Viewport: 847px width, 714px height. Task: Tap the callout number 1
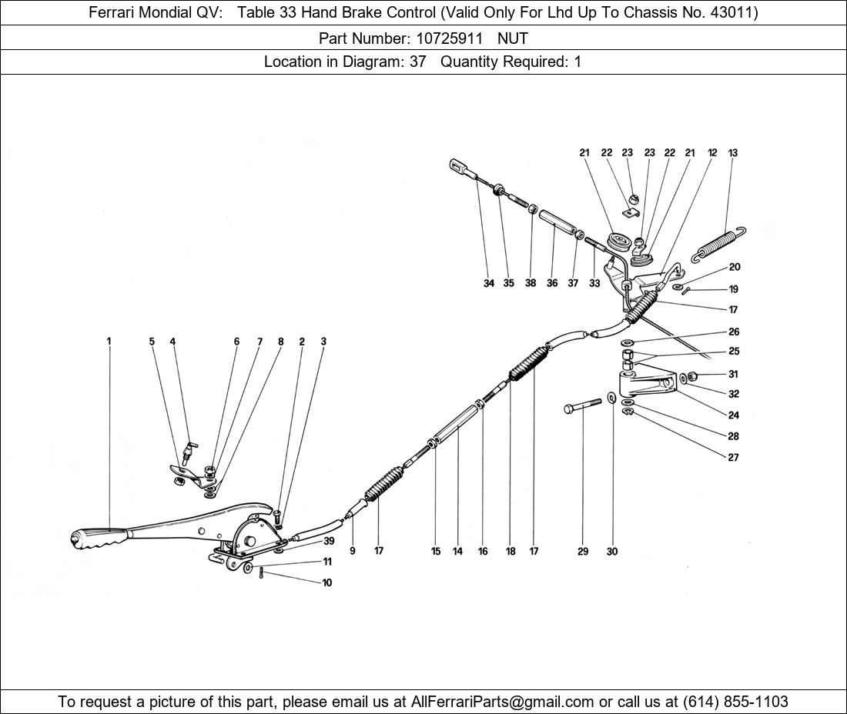[109, 342]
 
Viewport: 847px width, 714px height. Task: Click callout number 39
[329, 542]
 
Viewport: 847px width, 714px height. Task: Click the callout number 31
[733, 375]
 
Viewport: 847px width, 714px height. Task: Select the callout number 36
[552, 283]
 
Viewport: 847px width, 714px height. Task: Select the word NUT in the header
[513, 38]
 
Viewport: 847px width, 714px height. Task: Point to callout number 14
[457, 552]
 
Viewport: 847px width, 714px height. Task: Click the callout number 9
[353, 552]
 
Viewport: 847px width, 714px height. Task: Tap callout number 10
[327, 583]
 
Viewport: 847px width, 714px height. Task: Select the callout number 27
[733, 458]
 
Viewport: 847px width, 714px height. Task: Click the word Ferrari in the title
[114, 12]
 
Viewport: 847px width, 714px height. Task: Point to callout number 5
[152, 342]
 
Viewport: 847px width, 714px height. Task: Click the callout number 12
[712, 153]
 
